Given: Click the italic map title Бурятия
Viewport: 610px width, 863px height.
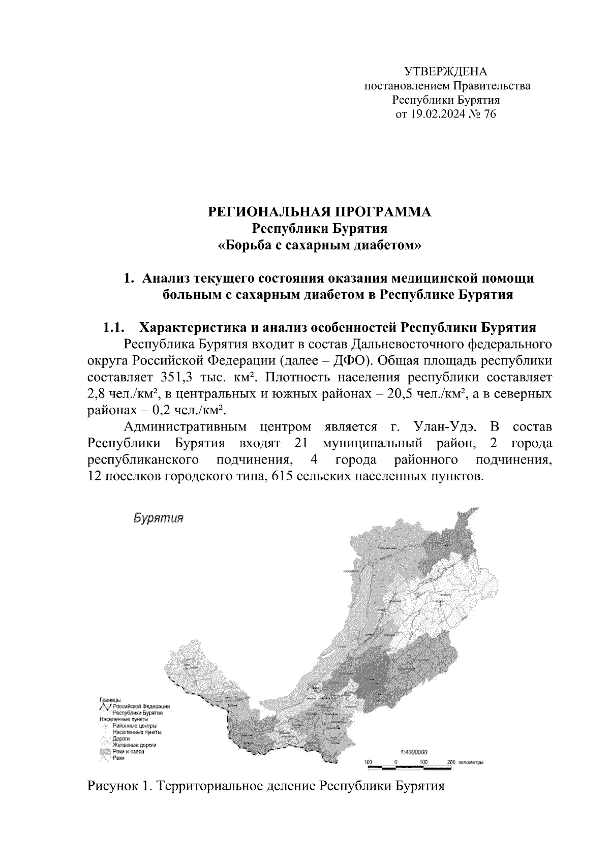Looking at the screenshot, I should (x=158, y=519).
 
